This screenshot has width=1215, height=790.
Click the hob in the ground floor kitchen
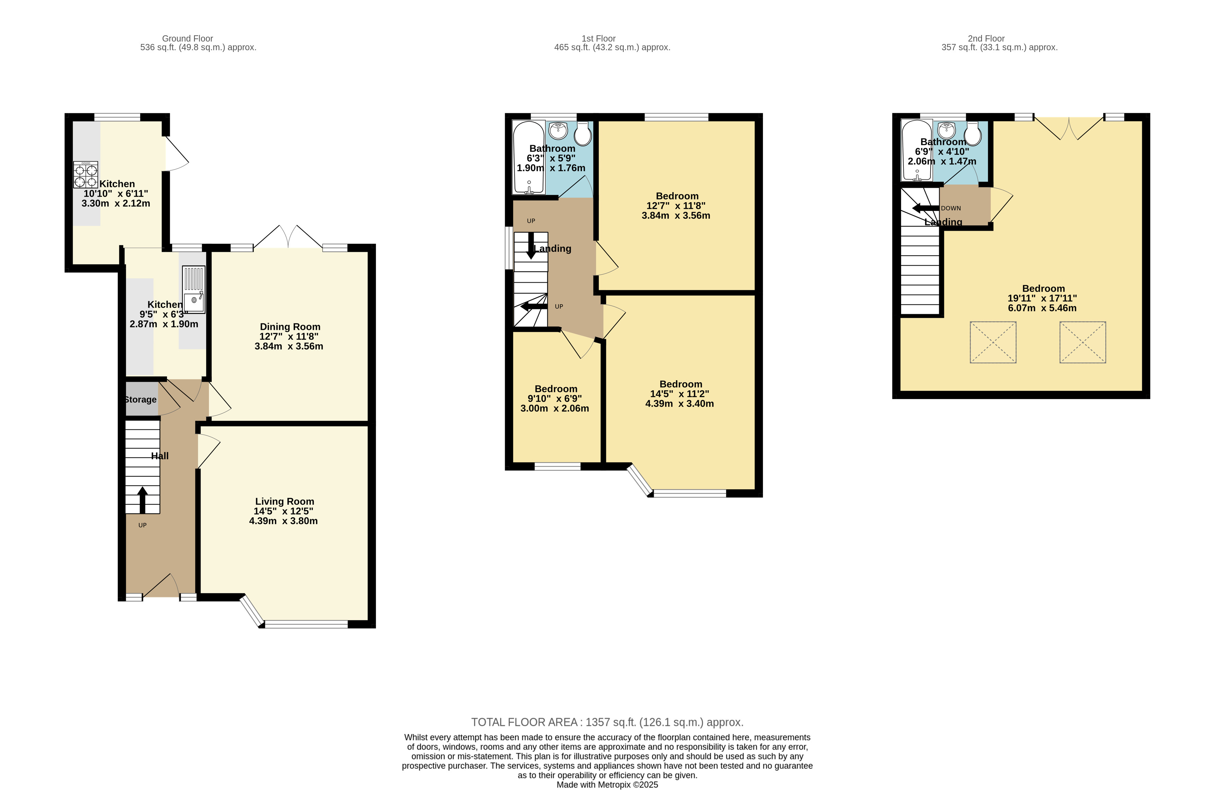[85, 175]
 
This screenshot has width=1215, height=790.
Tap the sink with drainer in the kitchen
[193, 289]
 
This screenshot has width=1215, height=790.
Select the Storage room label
[140, 400]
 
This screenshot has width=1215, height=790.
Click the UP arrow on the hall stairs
[142, 500]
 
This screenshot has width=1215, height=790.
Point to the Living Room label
[284, 501]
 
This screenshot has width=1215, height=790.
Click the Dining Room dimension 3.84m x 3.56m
[289, 346]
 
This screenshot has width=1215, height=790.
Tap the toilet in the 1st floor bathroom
[582, 134]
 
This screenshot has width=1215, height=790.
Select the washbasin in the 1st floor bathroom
[558, 130]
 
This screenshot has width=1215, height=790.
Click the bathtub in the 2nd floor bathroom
[916, 151]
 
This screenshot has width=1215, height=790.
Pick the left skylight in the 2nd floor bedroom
[993, 342]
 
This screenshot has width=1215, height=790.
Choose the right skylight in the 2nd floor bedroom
[1082, 342]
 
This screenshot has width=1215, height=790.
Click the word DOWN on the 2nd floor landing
[951, 208]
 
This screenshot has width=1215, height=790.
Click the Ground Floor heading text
[187, 38]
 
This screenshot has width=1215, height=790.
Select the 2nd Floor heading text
[986, 38]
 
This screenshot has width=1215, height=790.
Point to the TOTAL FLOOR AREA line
[607, 722]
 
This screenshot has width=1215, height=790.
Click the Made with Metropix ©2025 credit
[607, 784]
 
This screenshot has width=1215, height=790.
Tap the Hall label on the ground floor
[159, 456]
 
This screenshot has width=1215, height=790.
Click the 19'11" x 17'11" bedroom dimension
[1042, 298]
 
